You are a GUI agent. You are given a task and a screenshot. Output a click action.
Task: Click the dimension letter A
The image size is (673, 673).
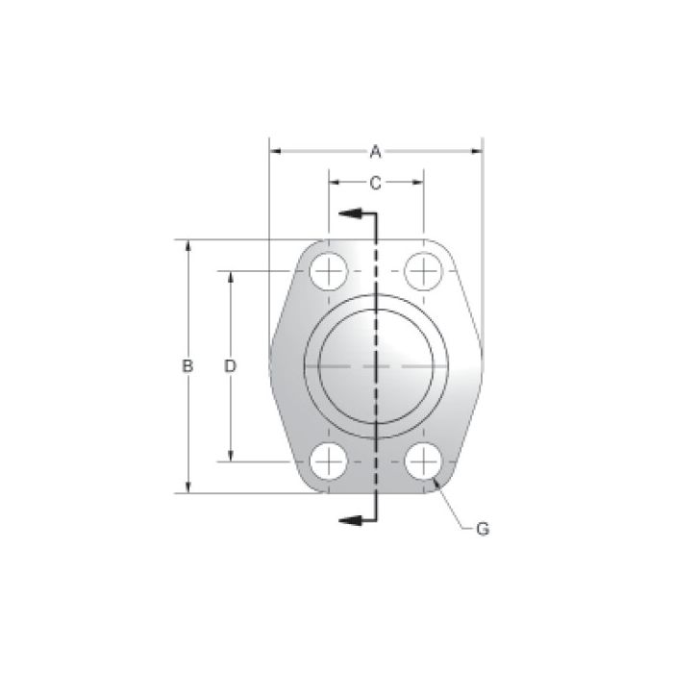[376, 151]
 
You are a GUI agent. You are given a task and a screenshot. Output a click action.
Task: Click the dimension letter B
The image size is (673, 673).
[188, 366]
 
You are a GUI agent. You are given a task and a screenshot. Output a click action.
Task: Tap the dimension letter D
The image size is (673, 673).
[231, 366]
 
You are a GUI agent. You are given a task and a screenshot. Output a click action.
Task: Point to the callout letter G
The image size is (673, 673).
[483, 528]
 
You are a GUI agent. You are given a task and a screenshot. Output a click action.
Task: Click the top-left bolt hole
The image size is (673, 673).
[329, 272]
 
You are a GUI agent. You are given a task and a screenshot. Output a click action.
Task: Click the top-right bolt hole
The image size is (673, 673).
[421, 272]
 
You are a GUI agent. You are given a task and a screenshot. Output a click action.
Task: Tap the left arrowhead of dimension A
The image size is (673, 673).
[275, 151]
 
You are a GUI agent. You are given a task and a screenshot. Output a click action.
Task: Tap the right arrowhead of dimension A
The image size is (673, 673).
[477, 151]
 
